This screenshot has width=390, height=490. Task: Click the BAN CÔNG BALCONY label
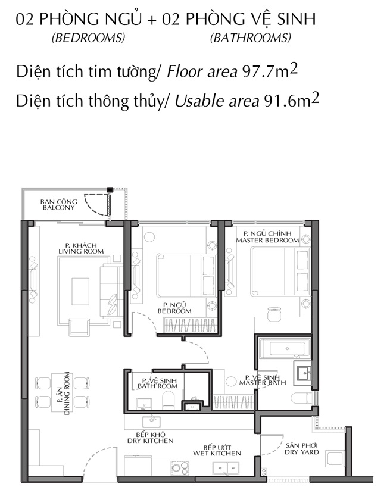58,205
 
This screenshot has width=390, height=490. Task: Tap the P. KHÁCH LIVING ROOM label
81,248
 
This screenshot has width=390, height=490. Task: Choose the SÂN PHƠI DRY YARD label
301,449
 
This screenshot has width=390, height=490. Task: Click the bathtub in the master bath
285,348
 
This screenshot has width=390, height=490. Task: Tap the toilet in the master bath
301,399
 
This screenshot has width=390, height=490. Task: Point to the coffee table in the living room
80,291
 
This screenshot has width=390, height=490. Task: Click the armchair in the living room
79,327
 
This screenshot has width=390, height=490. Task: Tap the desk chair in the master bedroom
274,314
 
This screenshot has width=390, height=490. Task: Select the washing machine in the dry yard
335,459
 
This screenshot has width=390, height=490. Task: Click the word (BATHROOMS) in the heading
251,38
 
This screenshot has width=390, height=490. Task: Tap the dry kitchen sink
152,422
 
